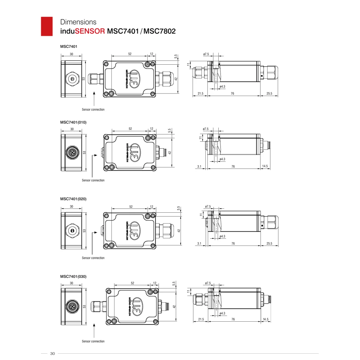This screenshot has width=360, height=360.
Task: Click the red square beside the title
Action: pyautogui.click(x=47, y=26)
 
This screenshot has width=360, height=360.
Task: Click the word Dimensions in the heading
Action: pyautogui.click(x=78, y=22)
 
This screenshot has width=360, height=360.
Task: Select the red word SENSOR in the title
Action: pyautogui.click(x=90, y=31)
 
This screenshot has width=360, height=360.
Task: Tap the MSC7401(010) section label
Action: pyautogui.click(x=73, y=122)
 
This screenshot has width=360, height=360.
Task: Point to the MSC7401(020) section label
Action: pyautogui.click(x=73, y=199)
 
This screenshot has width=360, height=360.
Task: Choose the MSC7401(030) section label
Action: pyautogui.click(x=73, y=276)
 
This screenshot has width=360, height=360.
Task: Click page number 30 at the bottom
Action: pyautogui.click(x=53, y=354)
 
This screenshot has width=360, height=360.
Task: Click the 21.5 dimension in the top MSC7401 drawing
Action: pyautogui.click(x=200, y=94)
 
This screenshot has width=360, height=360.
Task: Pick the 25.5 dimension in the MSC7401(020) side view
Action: pyautogui.click(x=269, y=243)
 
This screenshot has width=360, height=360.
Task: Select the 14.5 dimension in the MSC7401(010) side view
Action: pyautogui.click(x=265, y=166)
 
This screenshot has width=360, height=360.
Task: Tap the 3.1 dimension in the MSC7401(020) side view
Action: pyautogui.click(x=199, y=243)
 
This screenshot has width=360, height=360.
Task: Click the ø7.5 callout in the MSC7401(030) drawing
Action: pyautogui.click(x=208, y=283)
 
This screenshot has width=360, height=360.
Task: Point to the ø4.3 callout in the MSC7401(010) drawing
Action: pyautogui.click(x=222, y=159)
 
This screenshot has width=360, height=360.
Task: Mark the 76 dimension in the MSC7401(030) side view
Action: pyautogui.click(x=233, y=319)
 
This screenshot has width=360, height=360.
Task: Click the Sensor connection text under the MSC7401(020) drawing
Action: pyautogui.click(x=93, y=258)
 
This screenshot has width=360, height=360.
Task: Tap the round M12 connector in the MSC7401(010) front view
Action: pyautogui.click(x=72, y=153)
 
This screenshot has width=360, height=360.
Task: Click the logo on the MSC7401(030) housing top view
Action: pyautogui.click(x=136, y=306)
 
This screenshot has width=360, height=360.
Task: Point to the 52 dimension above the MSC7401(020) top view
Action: pyautogui.click(x=131, y=207)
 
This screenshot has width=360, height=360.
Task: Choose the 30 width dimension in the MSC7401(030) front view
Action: pyautogui.click(x=71, y=283)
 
